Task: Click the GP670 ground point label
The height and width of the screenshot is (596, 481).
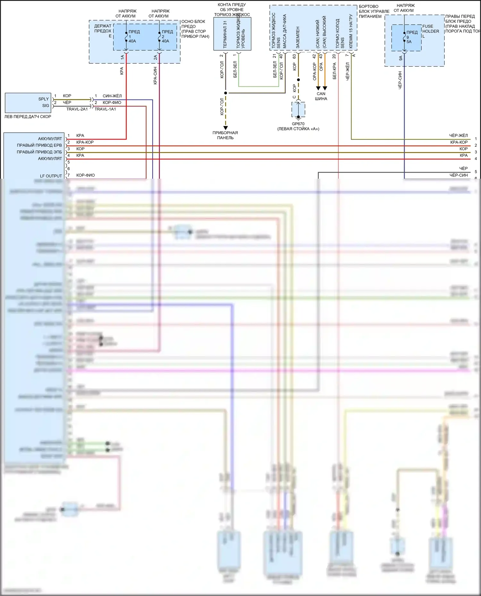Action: pyautogui.click(x=298, y=124)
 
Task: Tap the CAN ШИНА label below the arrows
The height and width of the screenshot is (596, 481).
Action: pyautogui.click(x=321, y=96)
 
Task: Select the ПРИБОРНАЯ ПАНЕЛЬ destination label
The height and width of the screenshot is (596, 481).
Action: pyautogui.click(x=225, y=135)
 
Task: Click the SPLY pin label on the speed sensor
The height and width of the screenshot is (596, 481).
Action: pyautogui.click(x=44, y=99)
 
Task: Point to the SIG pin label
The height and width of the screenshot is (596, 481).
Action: pyautogui.click(x=46, y=106)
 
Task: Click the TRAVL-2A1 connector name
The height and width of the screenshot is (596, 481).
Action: pyautogui.click(x=77, y=109)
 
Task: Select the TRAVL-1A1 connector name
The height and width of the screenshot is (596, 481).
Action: pyautogui.click(x=105, y=109)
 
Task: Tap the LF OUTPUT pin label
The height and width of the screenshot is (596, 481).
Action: pyautogui.click(x=51, y=176)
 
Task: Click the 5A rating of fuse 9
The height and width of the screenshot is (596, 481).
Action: pyautogui.click(x=409, y=42)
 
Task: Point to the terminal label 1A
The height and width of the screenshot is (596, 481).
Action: pyautogui.click(x=122, y=57)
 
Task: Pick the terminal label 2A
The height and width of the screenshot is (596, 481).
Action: pyautogui.click(x=155, y=57)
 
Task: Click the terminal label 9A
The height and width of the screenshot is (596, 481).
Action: pyautogui.click(x=401, y=58)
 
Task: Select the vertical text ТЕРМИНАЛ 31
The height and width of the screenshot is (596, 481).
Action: pyautogui.click(x=225, y=35)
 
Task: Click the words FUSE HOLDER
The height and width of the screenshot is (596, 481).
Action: pyautogui.click(x=430, y=29)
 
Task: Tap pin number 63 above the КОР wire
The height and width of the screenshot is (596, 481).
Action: pyautogui.click(x=294, y=56)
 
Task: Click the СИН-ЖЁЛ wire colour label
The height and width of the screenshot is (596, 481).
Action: pyautogui.click(x=112, y=96)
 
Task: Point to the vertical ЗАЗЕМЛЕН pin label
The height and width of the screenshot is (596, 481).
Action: pyautogui.click(x=298, y=37)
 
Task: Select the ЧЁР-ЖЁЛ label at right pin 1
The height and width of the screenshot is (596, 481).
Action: pyautogui.click(x=458, y=135)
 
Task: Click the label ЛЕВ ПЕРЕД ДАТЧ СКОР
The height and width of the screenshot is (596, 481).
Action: pyautogui.click(x=28, y=117)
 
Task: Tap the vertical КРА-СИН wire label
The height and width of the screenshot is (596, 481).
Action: pyautogui.click(x=155, y=76)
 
